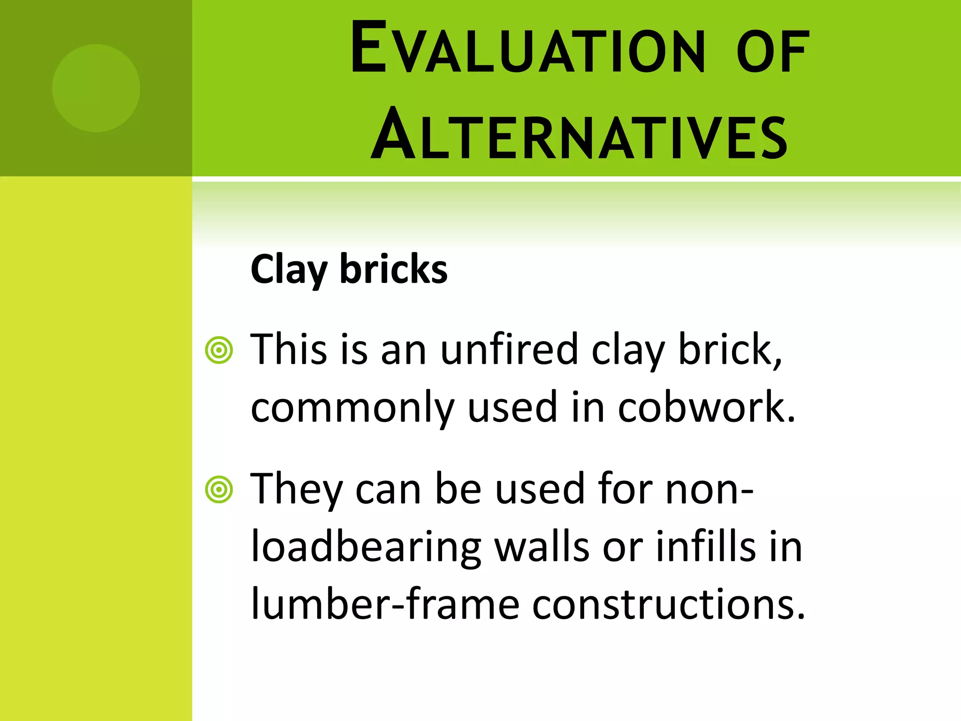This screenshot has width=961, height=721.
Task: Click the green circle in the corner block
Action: (96, 88)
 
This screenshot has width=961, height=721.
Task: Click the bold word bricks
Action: (393, 269)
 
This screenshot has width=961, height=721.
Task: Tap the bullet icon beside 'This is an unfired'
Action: (219, 350)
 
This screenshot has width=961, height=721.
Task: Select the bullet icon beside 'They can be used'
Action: (219, 490)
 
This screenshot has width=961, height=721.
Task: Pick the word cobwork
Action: (706, 407)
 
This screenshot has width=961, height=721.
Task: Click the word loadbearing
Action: (366, 547)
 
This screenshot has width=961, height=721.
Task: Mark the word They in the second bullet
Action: (297, 490)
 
